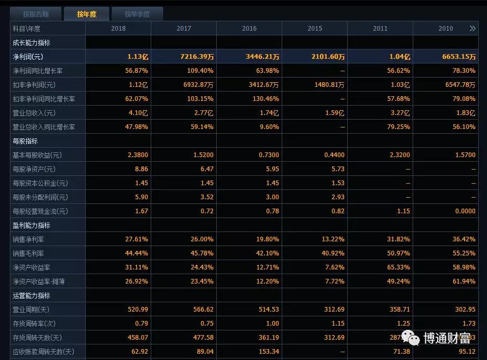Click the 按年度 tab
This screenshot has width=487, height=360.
click(x=87, y=14)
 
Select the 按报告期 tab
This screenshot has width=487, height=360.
click(x=35, y=14)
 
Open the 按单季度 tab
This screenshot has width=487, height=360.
click(x=137, y=14)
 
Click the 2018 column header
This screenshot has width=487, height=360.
click(x=119, y=29)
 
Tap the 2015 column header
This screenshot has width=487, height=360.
click(x=314, y=29)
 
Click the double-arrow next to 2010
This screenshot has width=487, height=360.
click(x=472, y=29)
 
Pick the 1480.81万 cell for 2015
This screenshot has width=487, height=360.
click(x=326, y=85)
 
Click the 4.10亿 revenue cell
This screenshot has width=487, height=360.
click(x=139, y=113)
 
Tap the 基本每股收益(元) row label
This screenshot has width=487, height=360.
click(x=37, y=155)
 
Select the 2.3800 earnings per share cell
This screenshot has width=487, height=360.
click(x=138, y=155)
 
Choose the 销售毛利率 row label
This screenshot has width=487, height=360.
click(x=28, y=253)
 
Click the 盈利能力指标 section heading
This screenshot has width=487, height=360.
click(x=31, y=225)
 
